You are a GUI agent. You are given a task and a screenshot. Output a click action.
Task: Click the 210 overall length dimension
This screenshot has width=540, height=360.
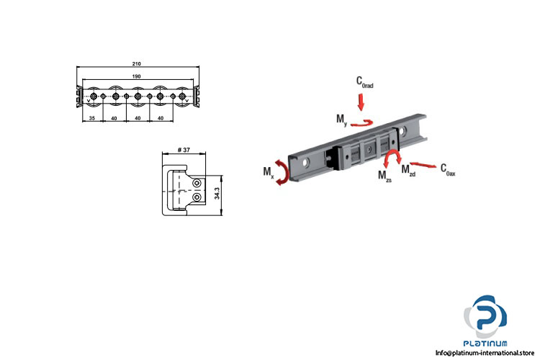(x=136, y=64)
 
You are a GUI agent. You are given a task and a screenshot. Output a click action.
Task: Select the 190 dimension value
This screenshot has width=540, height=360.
(x=136, y=76)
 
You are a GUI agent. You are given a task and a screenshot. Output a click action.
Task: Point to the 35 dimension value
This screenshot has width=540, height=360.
(x=92, y=118)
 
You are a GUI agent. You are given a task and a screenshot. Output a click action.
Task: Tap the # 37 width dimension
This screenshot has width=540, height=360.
(x=184, y=150)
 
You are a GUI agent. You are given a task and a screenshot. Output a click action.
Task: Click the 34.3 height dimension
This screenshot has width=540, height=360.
(x=217, y=193)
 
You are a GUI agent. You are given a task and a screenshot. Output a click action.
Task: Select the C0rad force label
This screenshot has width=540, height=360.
(x=365, y=82)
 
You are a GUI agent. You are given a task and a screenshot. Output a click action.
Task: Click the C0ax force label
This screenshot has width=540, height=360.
(x=448, y=170)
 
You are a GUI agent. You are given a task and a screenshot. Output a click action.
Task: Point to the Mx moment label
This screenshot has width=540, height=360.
(x=269, y=172)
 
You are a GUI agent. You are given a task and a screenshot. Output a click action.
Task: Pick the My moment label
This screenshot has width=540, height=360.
(x=341, y=120)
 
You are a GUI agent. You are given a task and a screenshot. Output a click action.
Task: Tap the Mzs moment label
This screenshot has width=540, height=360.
(x=384, y=176)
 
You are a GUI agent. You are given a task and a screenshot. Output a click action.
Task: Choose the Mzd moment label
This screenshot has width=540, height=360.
(x=408, y=170)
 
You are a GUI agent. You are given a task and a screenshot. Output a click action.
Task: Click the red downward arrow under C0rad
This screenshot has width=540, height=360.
(x=361, y=102)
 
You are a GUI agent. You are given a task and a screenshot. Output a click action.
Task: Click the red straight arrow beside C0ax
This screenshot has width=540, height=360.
(x=423, y=165)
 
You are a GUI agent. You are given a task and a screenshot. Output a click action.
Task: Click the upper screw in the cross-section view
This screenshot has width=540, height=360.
(x=197, y=184)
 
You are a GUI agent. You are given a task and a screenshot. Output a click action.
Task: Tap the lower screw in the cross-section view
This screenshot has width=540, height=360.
(x=197, y=197)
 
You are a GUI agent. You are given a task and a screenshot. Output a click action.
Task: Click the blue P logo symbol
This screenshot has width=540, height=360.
(x=485, y=317)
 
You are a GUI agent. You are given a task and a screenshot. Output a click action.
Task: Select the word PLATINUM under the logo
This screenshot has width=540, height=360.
(x=485, y=343)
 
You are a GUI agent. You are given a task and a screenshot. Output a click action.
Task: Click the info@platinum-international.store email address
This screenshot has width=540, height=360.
(x=485, y=353)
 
